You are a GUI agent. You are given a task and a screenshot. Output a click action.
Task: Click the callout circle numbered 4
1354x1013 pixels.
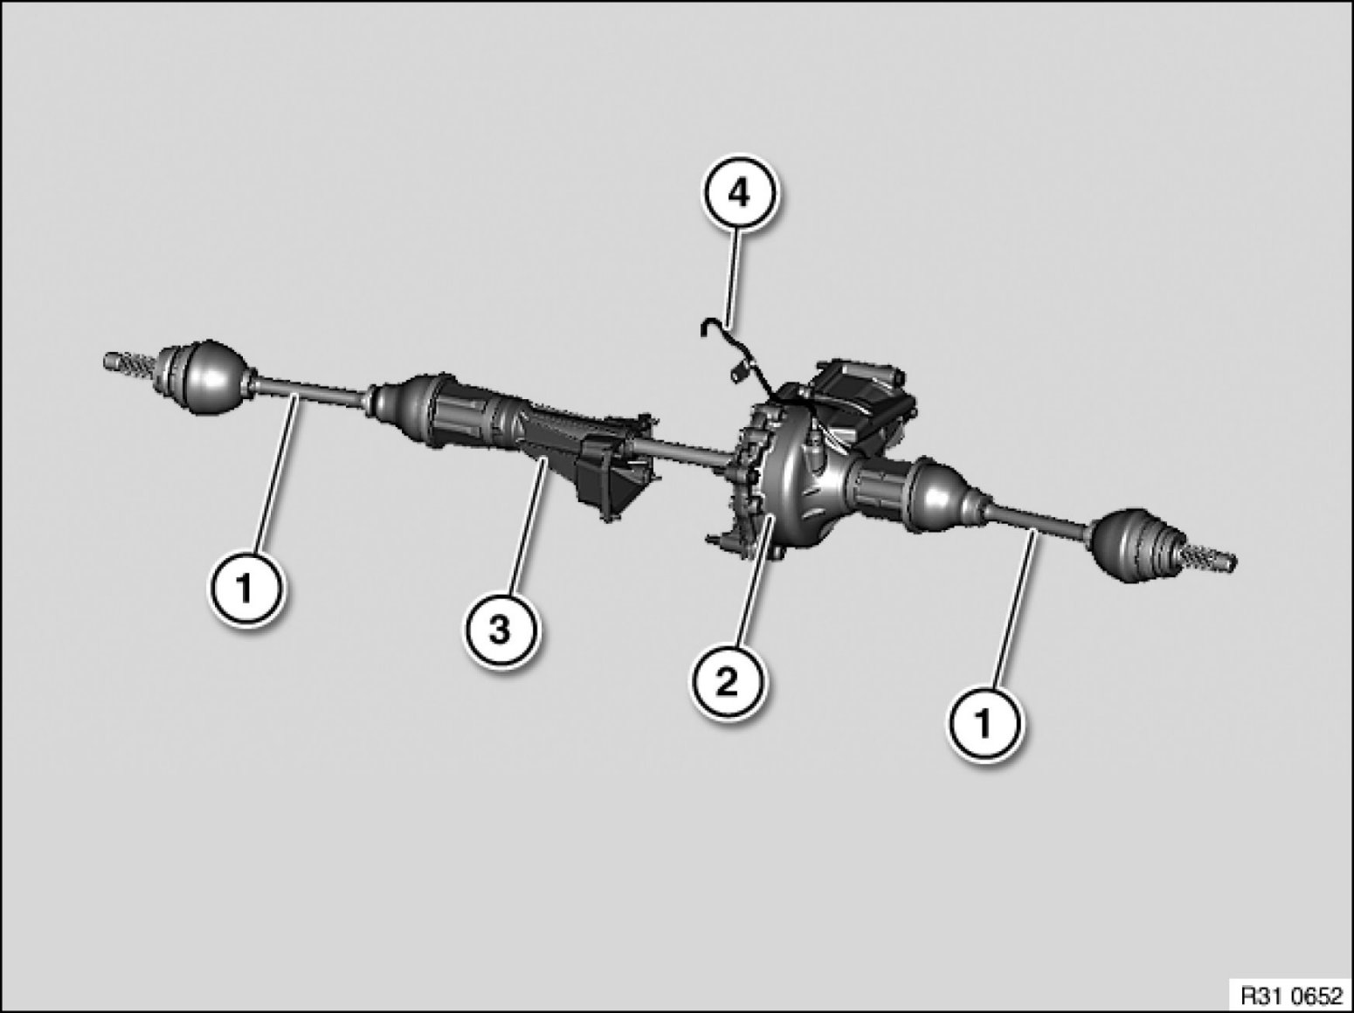738,194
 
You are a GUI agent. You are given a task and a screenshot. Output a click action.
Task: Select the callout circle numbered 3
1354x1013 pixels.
499,631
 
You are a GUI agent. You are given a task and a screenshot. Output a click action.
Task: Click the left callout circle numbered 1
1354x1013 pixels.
245,589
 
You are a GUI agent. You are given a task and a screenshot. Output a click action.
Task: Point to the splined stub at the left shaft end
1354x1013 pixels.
129,365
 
